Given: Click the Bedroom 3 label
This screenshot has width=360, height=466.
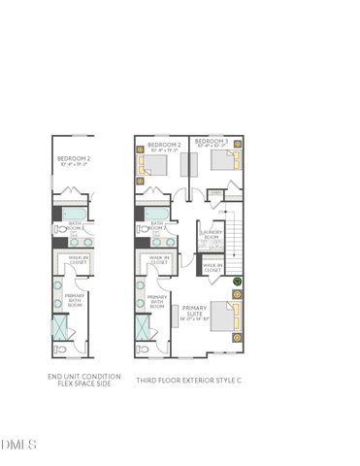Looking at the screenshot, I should (x=212, y=142).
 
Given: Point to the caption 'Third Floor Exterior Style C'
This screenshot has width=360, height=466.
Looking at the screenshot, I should (x=188, y=381).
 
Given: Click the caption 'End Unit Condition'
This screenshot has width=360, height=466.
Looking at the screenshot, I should (x=83, y=377).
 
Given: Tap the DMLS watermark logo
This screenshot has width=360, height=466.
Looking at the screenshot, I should (x=19, y=445).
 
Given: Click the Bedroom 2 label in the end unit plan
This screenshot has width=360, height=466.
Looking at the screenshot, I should (x=74, y=158).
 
